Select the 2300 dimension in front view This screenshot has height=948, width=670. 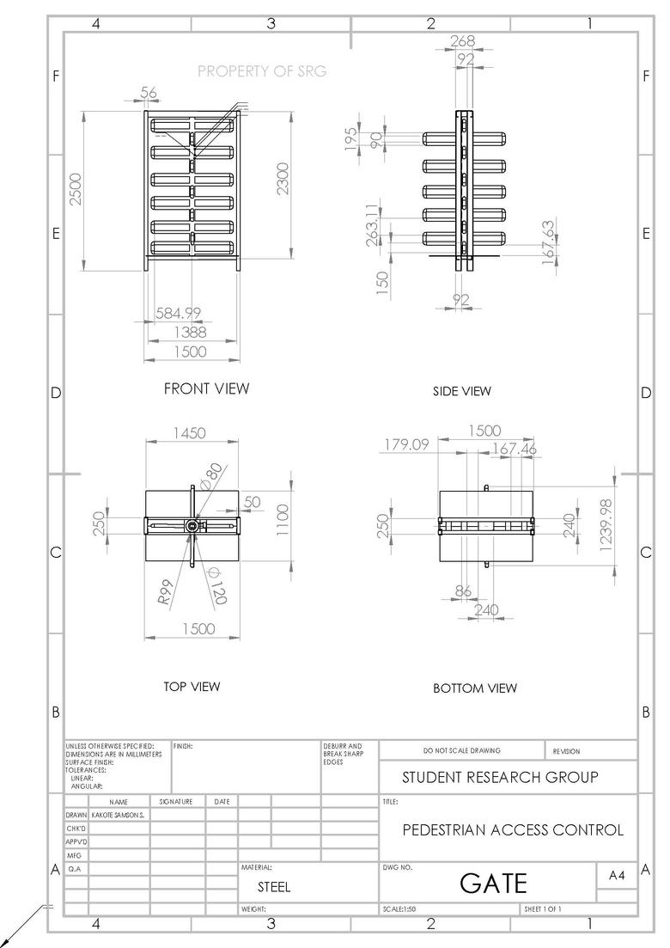tap(283, 179)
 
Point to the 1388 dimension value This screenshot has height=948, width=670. tap(190, 332)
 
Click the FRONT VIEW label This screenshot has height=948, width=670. tap(206, 388)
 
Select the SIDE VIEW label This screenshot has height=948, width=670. tap(462, 391)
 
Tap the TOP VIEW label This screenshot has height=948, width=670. tap(192, 687)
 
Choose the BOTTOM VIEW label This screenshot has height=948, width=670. tap(475, 688)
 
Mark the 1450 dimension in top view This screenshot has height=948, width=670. tap(189, 434)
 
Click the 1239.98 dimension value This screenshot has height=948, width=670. tap(606, 527)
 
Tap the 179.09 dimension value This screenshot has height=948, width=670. tap(405, 445)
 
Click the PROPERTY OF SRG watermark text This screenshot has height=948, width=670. tap(262, 71)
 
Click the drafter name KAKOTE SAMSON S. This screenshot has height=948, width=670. tap(118, 813)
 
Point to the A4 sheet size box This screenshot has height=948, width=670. tap(616, 875)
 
